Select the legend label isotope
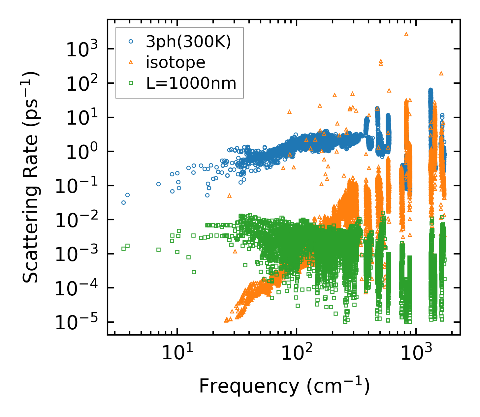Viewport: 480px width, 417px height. tap(176, 62)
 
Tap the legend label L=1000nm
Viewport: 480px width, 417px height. tap(191, 83)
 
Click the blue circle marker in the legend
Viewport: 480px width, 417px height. tap(131, 42)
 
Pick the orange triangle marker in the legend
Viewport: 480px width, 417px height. tap(131, 62)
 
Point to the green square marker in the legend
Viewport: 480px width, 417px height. tap(131, 83)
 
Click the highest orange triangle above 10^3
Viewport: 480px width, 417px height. tap(406, 34)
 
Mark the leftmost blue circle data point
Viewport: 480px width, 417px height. tap(123, 202)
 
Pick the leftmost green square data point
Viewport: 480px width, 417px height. tap(123, 249)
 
